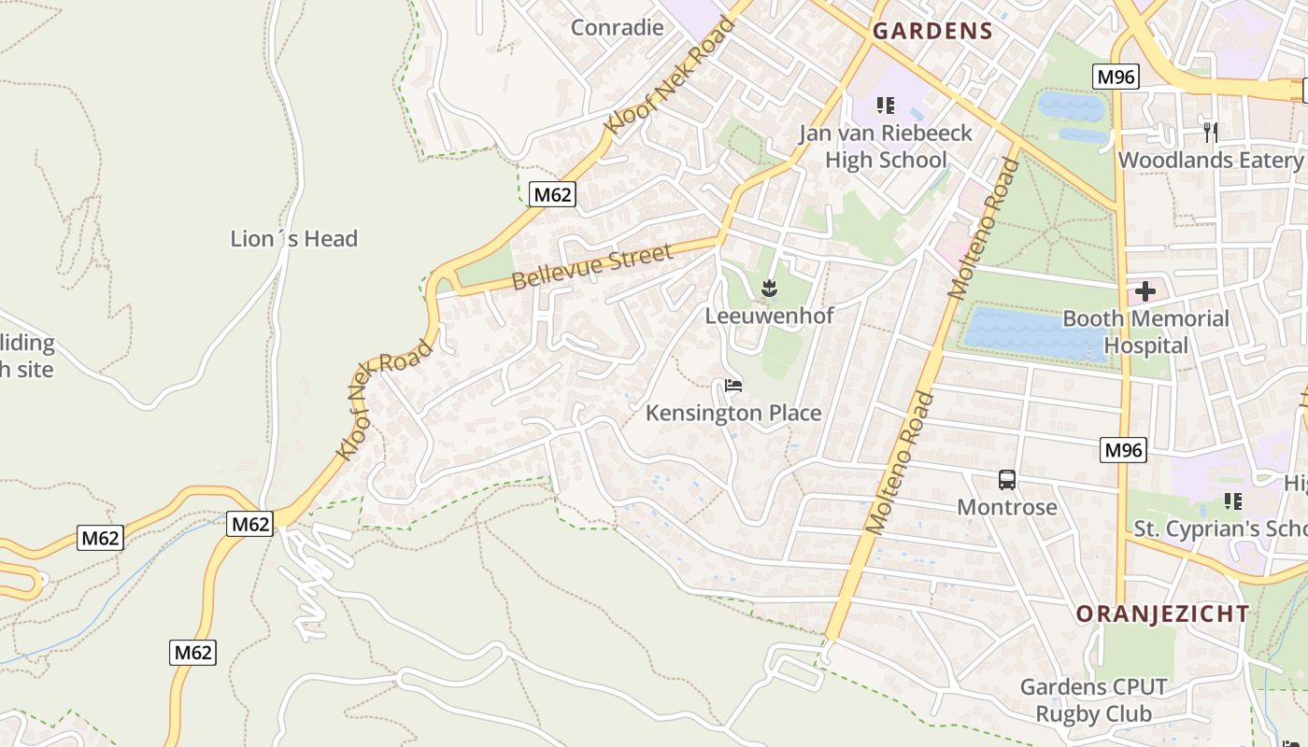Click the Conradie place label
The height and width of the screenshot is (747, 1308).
click(617, 27)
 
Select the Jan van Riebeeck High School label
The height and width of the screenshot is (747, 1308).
click(885, 147)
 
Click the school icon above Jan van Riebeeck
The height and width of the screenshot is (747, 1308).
click(885, 106)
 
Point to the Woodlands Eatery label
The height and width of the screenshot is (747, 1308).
click(1210, 160)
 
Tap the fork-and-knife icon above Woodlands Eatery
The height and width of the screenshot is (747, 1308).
click(1210, 132)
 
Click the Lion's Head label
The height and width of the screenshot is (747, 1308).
click(293, 239)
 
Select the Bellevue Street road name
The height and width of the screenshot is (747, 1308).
click(592, 268)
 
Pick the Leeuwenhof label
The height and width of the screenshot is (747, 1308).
click(769, 316)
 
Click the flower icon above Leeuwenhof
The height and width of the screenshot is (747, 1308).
click(769, 289)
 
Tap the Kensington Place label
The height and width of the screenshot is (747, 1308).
click(733, 413)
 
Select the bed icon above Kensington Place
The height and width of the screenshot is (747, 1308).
click(733, 386)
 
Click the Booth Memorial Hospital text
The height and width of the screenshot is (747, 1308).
click(1145, 331)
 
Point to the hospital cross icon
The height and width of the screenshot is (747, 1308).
click(1145, 291)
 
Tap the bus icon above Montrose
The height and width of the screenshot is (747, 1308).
click(1006, 480)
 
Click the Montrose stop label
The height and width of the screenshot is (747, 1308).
click(1006, 507)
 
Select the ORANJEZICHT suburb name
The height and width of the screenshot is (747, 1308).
click(1161, 613)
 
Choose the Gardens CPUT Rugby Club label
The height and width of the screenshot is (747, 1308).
click(1092, 700)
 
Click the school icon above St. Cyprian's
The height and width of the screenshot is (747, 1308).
click(1232, 501)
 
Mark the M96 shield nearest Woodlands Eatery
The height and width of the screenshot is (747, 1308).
click(1116, 77)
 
